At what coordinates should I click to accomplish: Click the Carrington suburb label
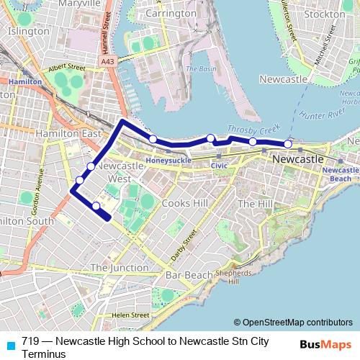[171, 13]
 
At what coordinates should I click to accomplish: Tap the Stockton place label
[325, 14]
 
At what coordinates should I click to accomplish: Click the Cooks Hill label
[185, 204]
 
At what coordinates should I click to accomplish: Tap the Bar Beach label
[189, 275]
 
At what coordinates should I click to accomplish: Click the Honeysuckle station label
[168, 160]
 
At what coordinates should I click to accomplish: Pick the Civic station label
[219, 165]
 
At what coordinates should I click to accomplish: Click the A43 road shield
[107, 63]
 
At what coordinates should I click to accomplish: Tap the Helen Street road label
[130, 315]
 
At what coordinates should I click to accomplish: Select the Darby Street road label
[184, 246]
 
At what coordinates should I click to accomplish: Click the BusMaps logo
[326, 345]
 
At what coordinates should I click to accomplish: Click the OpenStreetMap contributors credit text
[294, 322]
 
